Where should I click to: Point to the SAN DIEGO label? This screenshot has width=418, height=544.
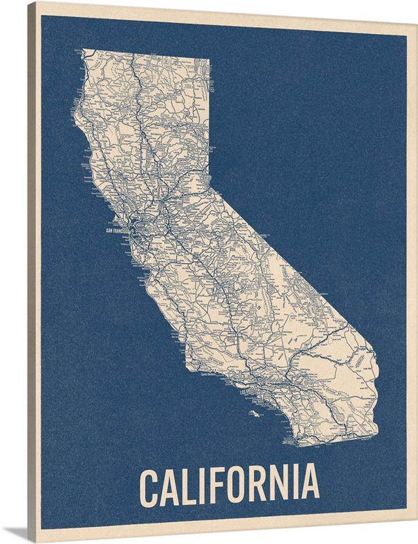pyautogui.click(x=292, y=443)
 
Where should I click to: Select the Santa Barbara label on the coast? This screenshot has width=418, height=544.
pyautogui.click(x=211, y=373)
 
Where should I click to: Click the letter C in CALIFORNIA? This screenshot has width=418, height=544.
pyautogui.click(x=150, y=483)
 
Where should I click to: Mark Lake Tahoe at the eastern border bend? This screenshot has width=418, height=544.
pyautogui.click(x=199, y=182)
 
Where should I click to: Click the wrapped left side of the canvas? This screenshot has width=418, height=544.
pyautogui.click(x=32, y=272)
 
